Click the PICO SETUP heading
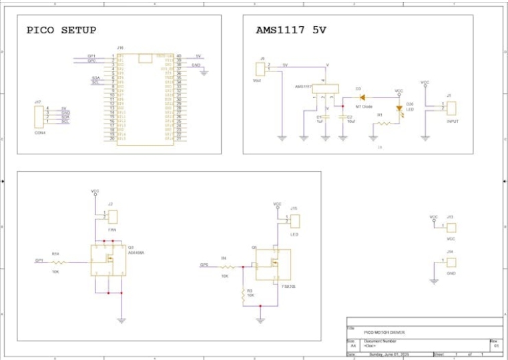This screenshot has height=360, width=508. tap(61, 30)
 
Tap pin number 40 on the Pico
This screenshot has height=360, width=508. tap(179, 56)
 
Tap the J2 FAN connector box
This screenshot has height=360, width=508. tap(113, 216)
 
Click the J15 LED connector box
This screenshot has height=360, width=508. tap(294, 221)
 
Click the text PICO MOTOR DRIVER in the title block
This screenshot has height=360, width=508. tap(384, 332)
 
